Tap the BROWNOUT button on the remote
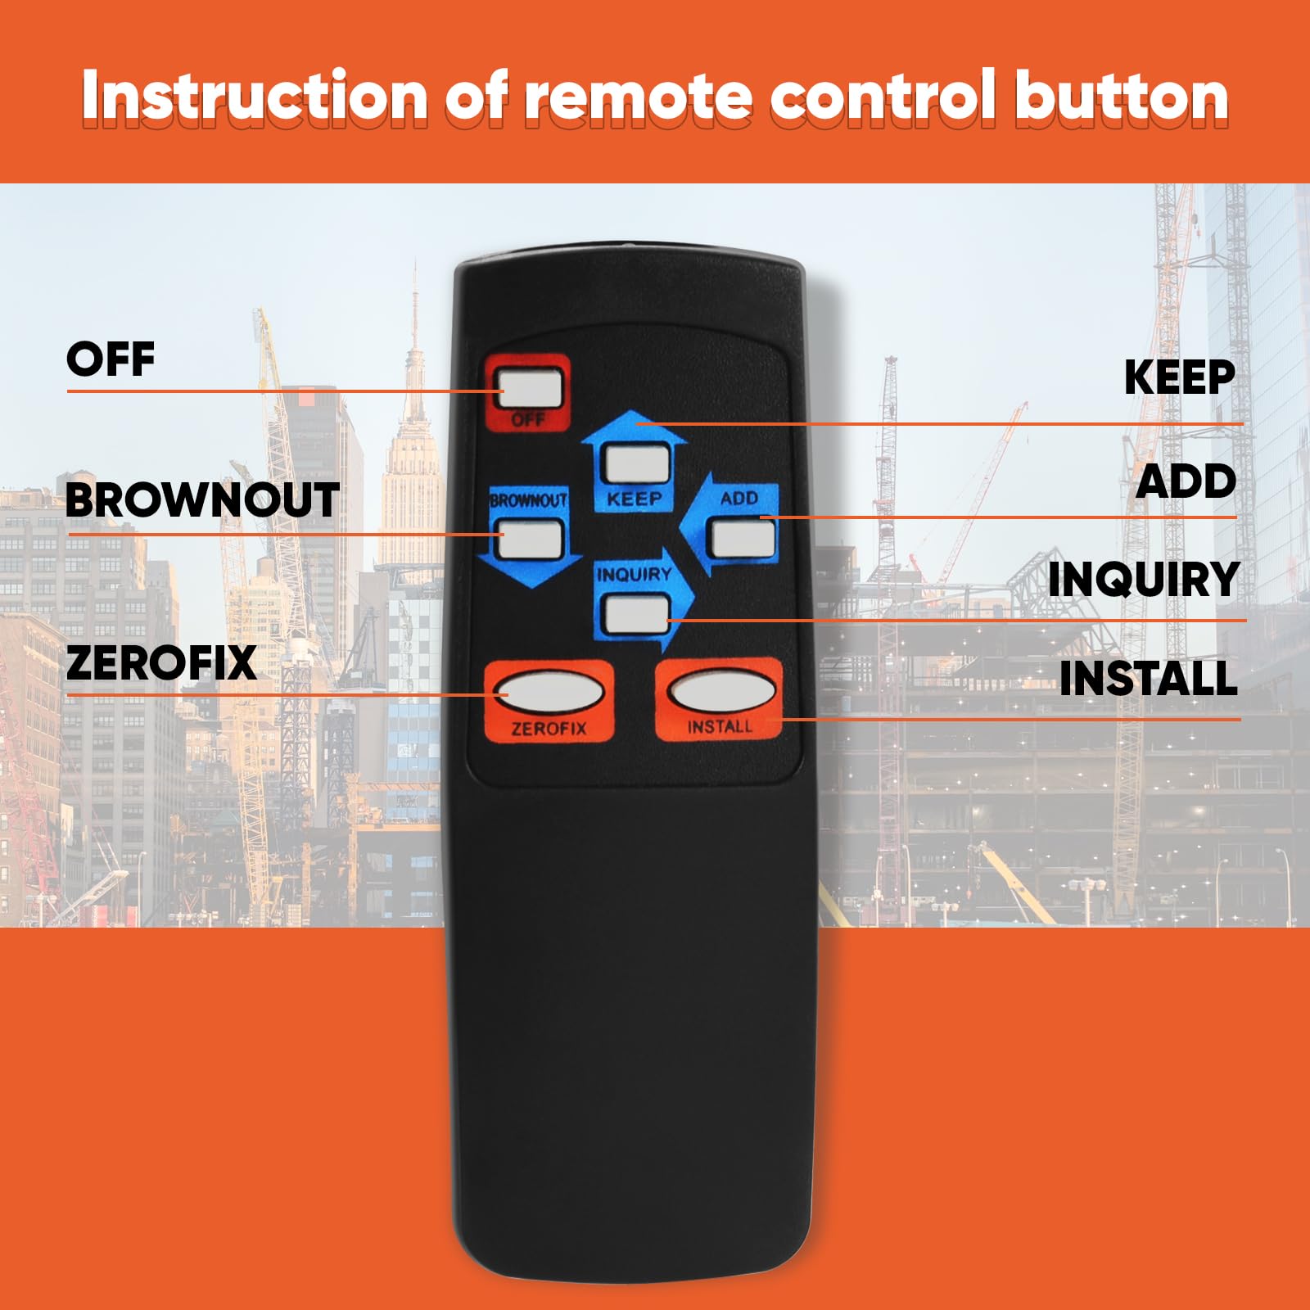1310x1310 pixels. (531, 540)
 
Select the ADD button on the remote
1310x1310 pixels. (743, 538)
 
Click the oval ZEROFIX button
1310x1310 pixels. (549, 693)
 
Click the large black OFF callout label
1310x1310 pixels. (111, 359)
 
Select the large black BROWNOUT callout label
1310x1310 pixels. (202, 499)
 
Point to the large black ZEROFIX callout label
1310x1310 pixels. (161, 662)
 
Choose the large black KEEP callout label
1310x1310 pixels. (1180, 377)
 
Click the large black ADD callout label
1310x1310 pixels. (1186, 481)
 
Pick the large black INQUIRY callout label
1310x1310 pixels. (1144, 580)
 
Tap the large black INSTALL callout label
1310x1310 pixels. (1148, 678)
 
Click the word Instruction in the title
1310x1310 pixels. (255, 97)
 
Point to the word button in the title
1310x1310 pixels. (1121, 97)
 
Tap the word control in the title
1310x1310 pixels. (883, 97)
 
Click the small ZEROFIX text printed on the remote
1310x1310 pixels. (549, 728)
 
